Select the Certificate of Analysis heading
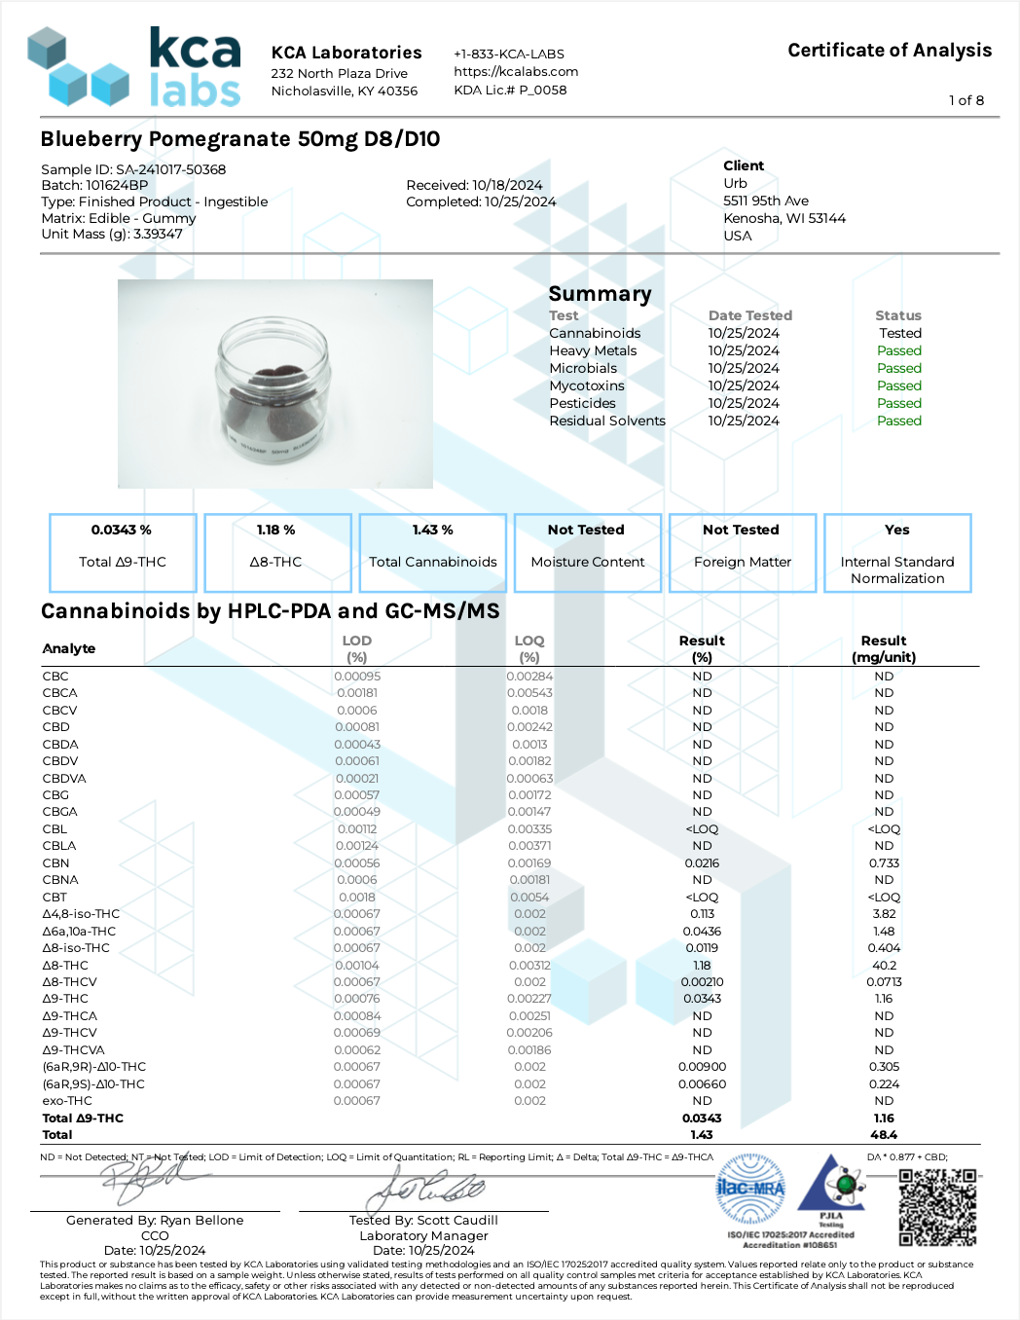pyautogui.click(x=890, y=51)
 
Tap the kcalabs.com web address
pyautogui.click(x=516, y=71)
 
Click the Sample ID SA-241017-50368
pyautogui.click(x=133, y=169)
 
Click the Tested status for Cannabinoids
pyautogui.click(x=899, y=333)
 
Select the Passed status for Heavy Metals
pyautogui.click(x=898, y=350)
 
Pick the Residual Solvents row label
pyautogui.click(x=607, y=421)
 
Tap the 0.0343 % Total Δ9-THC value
pyautogui.click(x=122, y=530)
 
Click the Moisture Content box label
pyautogui.click(x=588, y=562)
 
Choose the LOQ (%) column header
pyautogui.click(x=529, y=648)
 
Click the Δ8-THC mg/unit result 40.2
pyautogui.click(x=884, y=965)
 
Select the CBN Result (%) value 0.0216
pyautogui.click(x=702, y=862)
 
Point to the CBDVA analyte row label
pyautogui.click(x=64, y=778)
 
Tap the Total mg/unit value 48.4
pyautogui.click(x=884, y=1134)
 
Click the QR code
pyautogui.click(x=937, y=1207)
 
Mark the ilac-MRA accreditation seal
pyautogui.click(x=750, y=1189)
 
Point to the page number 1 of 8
pyautogui.click(x=965, y=100)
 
